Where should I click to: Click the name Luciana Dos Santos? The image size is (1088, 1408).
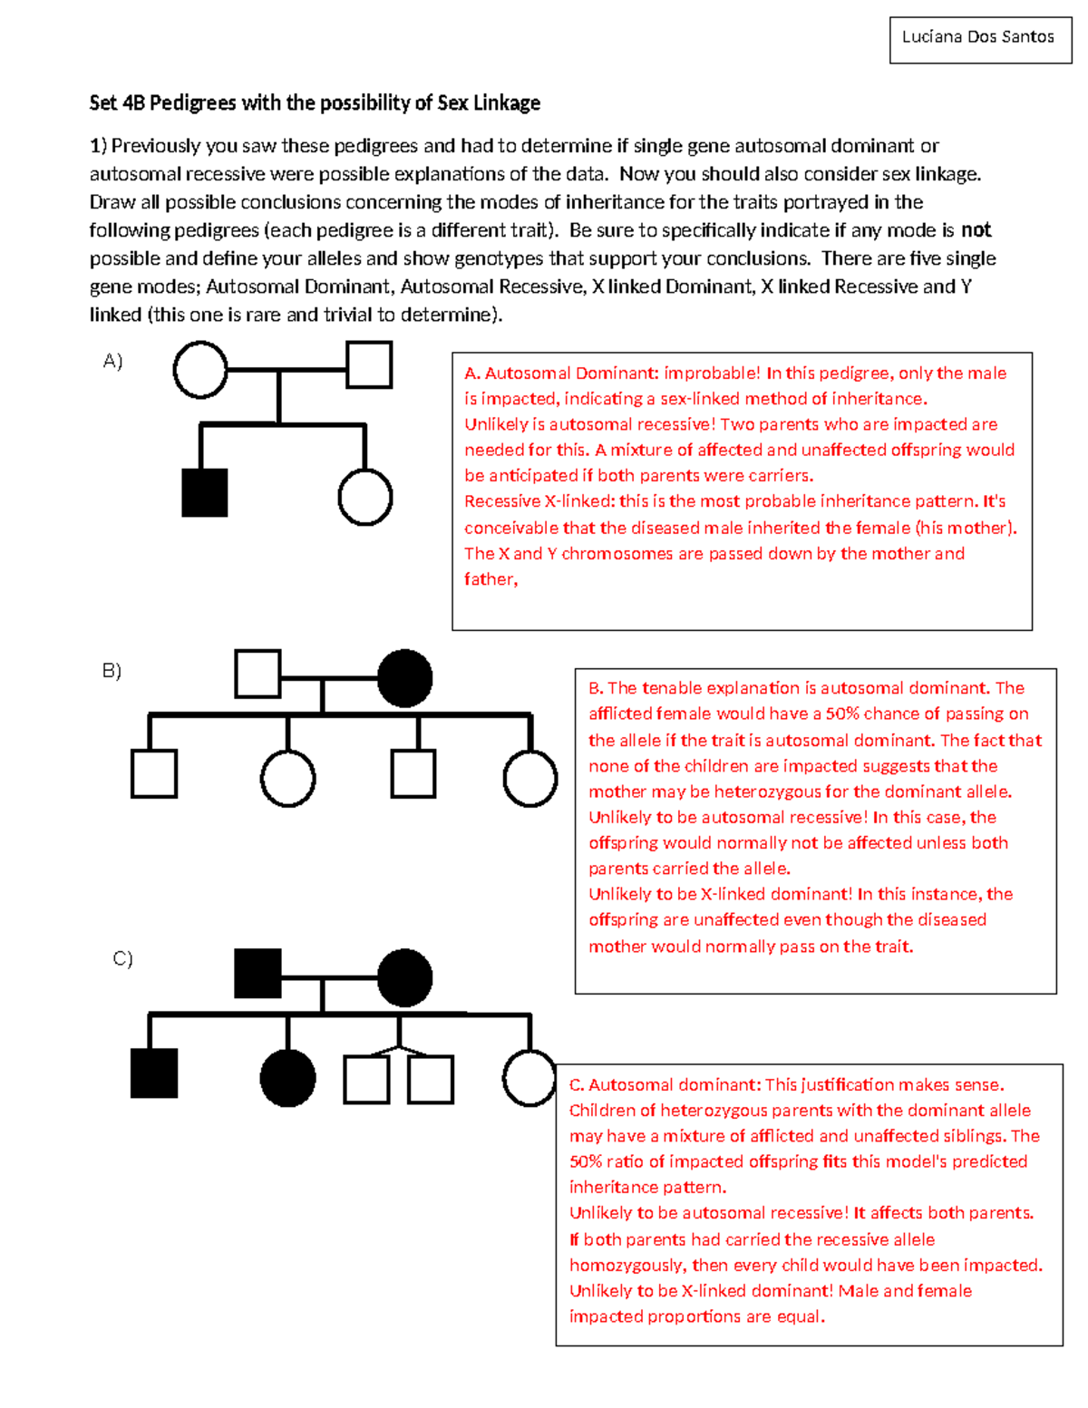pos(977,37)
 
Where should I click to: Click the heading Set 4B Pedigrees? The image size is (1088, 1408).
pos(315,102)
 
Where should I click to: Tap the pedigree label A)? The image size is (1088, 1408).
pos(112,361)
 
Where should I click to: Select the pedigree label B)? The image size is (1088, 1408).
pos(112,670)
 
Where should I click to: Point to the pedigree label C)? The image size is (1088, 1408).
pos(122,957)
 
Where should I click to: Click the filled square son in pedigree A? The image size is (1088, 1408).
pos(205,492)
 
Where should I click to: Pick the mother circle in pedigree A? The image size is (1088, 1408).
pos(200,370)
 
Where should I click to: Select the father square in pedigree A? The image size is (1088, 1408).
pos(369,364)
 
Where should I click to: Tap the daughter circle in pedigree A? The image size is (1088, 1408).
pos(364,498)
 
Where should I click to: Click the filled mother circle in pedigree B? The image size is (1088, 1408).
pos(404,678)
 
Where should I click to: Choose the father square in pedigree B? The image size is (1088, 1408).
pos(257,674)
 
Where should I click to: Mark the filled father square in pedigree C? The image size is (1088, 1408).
pos(257,974)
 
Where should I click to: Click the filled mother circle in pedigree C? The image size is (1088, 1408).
pos(404,978)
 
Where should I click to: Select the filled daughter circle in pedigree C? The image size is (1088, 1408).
pos(287,1078)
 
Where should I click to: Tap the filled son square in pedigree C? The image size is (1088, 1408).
pos(154,1073)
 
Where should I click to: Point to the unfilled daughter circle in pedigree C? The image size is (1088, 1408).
pos(529,1078)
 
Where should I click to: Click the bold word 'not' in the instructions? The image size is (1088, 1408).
pos(976,230)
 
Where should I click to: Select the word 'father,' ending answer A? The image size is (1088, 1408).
pos(491,579)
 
